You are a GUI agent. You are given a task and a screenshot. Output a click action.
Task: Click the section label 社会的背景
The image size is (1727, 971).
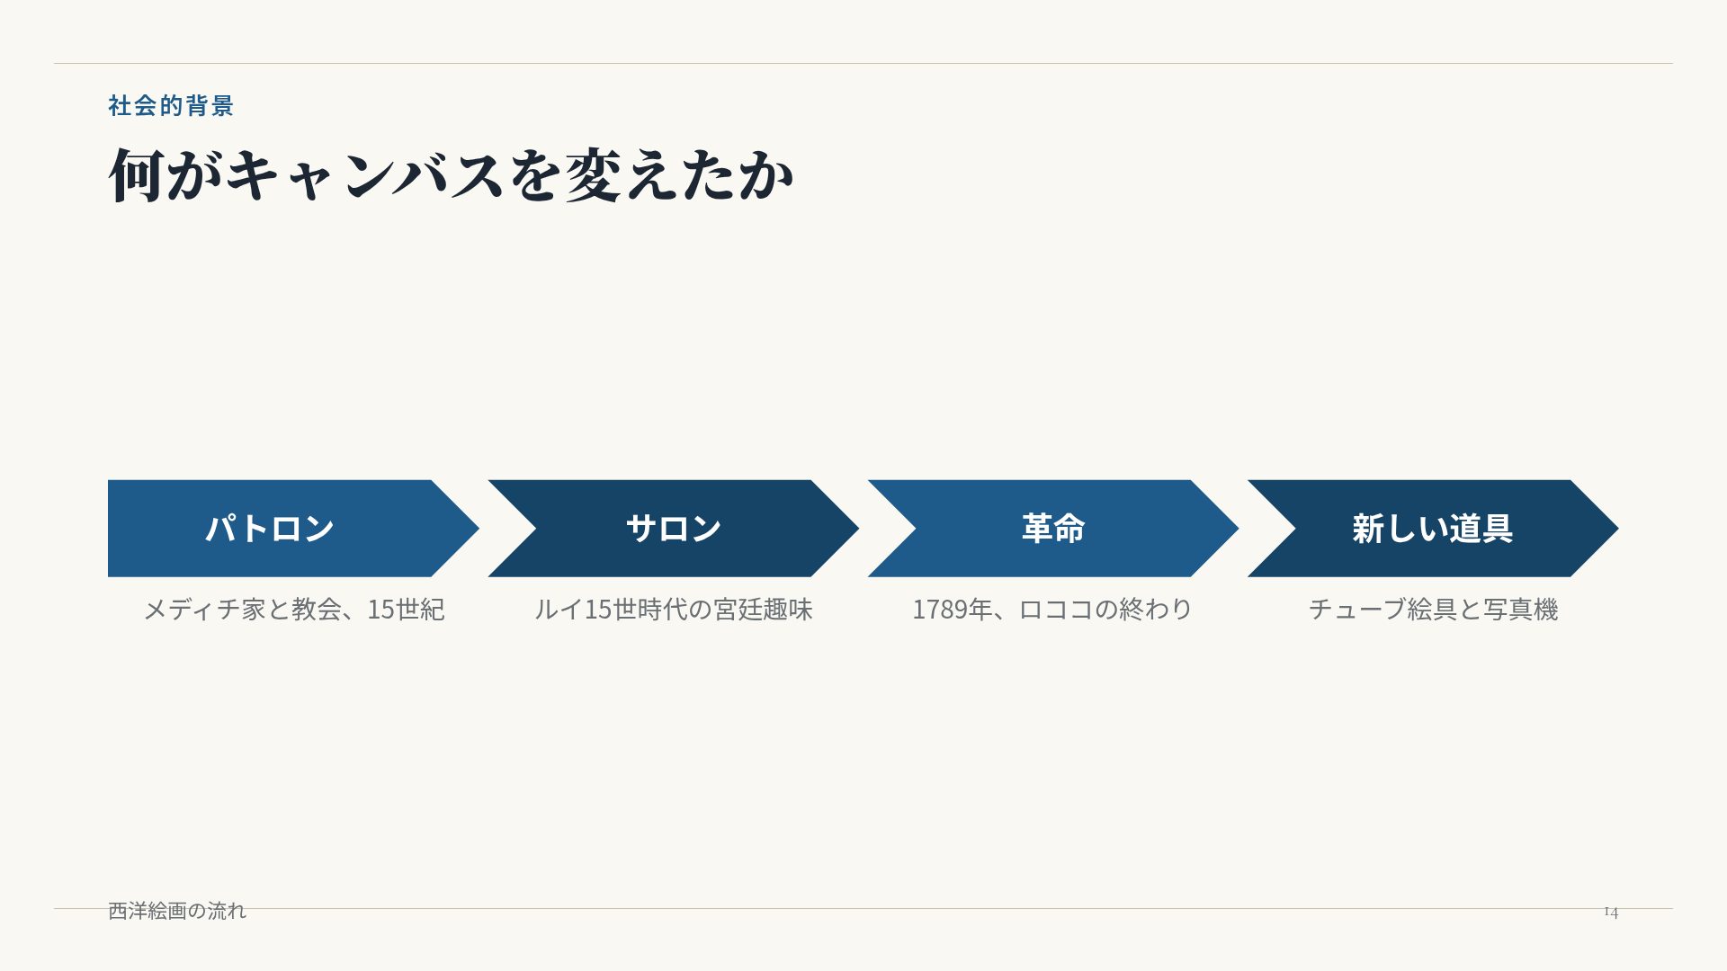coord(171,105)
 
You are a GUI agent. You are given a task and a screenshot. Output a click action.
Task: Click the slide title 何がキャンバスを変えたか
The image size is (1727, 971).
coord(451,174)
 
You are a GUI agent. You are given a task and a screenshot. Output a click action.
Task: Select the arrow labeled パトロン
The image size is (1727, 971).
coord(293,529)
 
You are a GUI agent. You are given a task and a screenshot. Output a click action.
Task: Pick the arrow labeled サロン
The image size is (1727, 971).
coord(674,529)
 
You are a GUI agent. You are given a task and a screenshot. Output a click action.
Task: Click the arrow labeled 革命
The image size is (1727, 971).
coord(1053,529)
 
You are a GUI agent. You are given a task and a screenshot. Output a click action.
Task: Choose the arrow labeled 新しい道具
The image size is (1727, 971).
coord(1433,529)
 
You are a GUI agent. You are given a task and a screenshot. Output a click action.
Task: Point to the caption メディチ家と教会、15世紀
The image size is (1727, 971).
coord(294,610)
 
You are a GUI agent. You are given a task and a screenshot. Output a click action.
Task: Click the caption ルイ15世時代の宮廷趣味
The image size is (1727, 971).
coord(674,610)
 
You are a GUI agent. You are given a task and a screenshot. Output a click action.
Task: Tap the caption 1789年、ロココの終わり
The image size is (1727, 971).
coord(1052,610)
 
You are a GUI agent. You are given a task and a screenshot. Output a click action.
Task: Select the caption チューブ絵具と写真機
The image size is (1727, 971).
coord(1433,610)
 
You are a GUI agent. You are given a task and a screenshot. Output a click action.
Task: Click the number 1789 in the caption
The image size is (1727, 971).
coord(940,610)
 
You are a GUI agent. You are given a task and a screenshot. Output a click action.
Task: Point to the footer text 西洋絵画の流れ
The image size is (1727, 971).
coord(177,911)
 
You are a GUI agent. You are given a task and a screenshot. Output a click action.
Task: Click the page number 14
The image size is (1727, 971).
coord(1611,912)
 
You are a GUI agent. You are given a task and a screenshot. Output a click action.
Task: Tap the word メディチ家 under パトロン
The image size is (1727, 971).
coord(204,610)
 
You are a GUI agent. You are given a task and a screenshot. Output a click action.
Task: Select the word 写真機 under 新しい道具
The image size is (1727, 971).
coord(1521,610)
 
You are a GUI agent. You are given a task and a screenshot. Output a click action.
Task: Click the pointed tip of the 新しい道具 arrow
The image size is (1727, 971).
coord(1618,529)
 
